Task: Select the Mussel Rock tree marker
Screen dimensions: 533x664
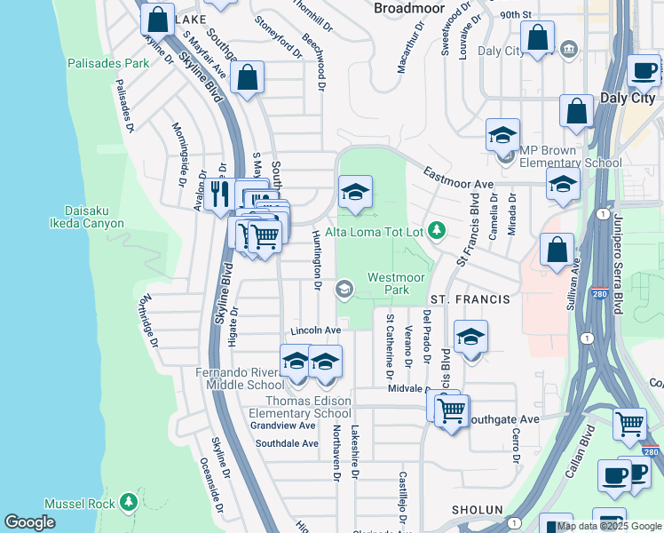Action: tap(130, 503)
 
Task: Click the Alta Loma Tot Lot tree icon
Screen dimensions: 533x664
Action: tap(436, 231)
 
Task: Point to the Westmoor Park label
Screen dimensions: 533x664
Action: tap(389, 283)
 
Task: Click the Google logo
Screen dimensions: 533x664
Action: tap(30, 522)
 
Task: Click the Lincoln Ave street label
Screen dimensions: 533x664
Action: tap(310, 330)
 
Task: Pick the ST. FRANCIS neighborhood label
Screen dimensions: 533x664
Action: tap(470, 299)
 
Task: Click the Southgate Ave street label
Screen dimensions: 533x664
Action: tap(503, 418)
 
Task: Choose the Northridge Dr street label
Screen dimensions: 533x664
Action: tap(148, 321)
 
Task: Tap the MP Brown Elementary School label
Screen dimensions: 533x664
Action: tap(571, 156)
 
